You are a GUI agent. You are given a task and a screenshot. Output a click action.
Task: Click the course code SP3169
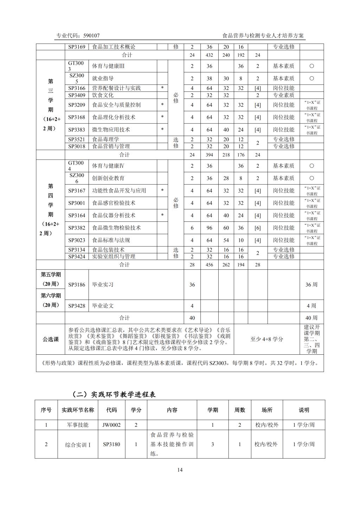[x=77, y=47]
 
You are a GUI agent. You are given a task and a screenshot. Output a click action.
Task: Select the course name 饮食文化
[x=103, y=95]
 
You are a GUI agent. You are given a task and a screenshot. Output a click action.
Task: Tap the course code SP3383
[x=77, y=130]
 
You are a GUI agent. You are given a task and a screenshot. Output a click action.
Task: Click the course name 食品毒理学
[x=105, y=140]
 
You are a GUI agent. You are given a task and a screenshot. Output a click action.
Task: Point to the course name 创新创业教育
[x=108, y=178]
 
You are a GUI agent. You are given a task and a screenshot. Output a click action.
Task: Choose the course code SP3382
[x=77, y=228]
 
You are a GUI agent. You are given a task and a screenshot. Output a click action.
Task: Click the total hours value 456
[x=210, y=265]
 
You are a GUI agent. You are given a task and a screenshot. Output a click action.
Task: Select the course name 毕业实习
[x=103, y=285]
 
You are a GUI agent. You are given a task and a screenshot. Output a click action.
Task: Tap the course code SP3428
[x=77, y=306]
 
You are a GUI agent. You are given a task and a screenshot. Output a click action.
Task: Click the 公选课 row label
[x=51, y=339]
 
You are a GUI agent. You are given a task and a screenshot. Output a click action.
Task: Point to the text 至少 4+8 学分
[x=266, y=339]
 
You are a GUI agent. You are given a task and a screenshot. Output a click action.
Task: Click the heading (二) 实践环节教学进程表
[x=114, y=394]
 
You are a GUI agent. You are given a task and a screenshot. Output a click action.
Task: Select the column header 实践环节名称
[x=78, y=410]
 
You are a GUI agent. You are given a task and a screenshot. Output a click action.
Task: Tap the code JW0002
[x=111, y=425]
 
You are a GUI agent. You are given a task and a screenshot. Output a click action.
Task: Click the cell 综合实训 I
[x=78, y=445]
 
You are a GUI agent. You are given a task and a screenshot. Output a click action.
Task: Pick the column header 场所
[x=267, y=410]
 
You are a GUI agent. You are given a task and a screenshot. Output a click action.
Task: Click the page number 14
[x=180, y=470]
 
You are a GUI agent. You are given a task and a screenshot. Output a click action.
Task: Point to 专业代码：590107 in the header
[x=78, y=36]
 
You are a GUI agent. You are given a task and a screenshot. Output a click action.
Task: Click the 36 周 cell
[x=311, y=285]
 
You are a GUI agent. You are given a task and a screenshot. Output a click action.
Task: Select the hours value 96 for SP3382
[x=210, y=228]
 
